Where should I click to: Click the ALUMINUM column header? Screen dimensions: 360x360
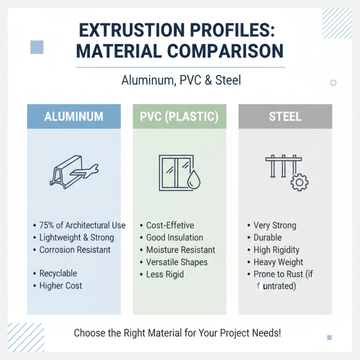coord(74,117)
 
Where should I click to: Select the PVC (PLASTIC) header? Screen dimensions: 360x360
coord(180,117)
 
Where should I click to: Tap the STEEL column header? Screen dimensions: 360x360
coord(285,117)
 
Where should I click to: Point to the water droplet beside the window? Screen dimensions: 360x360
coord(195,179)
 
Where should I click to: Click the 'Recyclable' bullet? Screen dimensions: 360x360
coord(58,274)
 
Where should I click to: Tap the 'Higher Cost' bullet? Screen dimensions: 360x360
coord(61,286)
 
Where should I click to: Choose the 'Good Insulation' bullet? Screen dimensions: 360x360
coord(175,238)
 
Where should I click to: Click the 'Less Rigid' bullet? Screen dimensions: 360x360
coord(165,274)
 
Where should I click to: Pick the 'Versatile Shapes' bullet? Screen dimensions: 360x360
coord(176,262)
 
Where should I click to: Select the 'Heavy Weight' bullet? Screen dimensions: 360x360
coord(278,262)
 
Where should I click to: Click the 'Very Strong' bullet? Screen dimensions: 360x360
coord(274,225)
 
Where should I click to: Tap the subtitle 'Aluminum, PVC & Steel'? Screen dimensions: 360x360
coord(181,81)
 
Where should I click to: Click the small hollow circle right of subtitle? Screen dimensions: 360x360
coord(333,83)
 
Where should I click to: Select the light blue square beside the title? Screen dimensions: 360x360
coord(37,47)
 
